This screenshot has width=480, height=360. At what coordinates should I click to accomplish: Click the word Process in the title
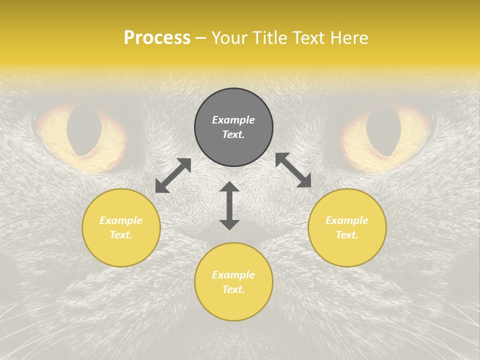pyautogui.click(x=157, y=38)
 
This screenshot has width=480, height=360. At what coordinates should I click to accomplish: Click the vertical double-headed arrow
pyautogui.click(x=229, y=205)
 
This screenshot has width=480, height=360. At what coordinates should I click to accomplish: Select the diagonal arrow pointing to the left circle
pyautogui.click(x=173, y=175)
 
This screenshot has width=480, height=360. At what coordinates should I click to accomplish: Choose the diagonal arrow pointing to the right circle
pyautogui.click(x=293, y=170)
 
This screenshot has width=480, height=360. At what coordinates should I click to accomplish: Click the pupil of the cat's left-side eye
pyautogui.click(x=84, y=130)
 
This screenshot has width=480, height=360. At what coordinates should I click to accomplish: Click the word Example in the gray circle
pyautogui.click(x=233, y=120)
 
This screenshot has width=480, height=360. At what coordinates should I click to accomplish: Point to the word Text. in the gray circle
pyautogui.click(x=233, y=134)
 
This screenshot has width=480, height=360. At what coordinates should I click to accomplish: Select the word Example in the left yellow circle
pyautogui.click(x=121, y=220)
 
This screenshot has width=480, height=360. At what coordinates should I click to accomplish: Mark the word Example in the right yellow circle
pyautogui.click(x=347, y=220)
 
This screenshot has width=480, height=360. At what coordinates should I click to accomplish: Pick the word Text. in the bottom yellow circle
pyautogui.click(x=233, y=289)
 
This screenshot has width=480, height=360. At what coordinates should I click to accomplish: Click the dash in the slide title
pyautogui.click(x=200, y=38)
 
